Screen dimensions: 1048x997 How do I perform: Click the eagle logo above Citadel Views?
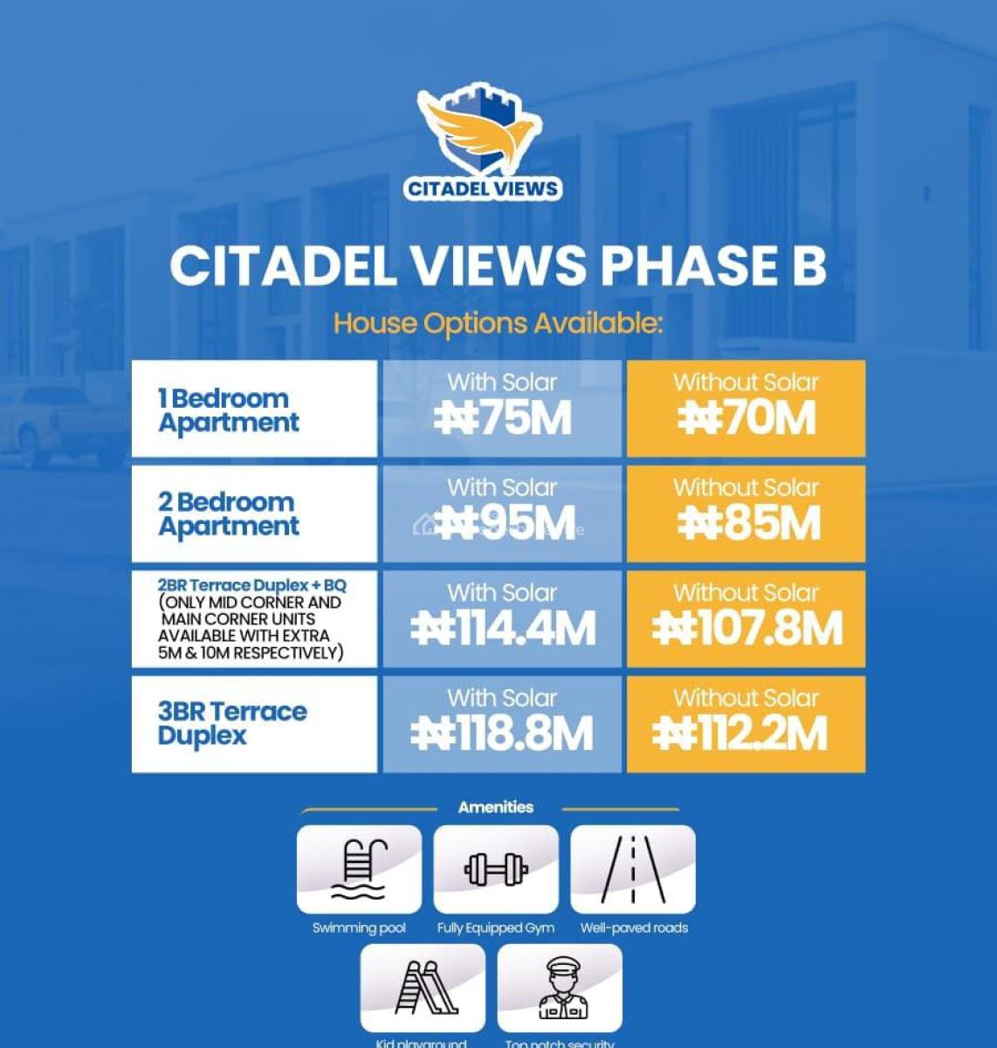point(481,131)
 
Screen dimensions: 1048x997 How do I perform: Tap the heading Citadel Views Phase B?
point(498,265)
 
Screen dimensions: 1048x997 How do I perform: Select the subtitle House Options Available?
point(498,324)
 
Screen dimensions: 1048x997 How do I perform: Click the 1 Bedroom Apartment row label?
point(229,410)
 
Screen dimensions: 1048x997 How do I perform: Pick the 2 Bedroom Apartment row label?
point(228,514)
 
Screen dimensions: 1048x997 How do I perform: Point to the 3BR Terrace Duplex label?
point(232,723)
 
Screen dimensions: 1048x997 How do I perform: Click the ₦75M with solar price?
point(502,418)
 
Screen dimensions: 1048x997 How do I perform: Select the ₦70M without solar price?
point(746,418)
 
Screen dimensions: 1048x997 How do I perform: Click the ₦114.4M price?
point(502,629)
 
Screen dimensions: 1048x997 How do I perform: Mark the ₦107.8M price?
point(746,629)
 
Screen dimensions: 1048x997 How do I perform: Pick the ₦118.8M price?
point(502,734)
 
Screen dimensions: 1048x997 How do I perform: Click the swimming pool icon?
point(359,869)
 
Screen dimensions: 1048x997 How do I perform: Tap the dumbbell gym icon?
point(496,869)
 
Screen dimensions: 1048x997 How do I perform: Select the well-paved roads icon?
point(633,869)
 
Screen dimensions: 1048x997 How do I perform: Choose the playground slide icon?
point(423,988)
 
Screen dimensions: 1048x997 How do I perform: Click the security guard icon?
point(560,988)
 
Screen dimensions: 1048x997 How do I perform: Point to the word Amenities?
point(496,807)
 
